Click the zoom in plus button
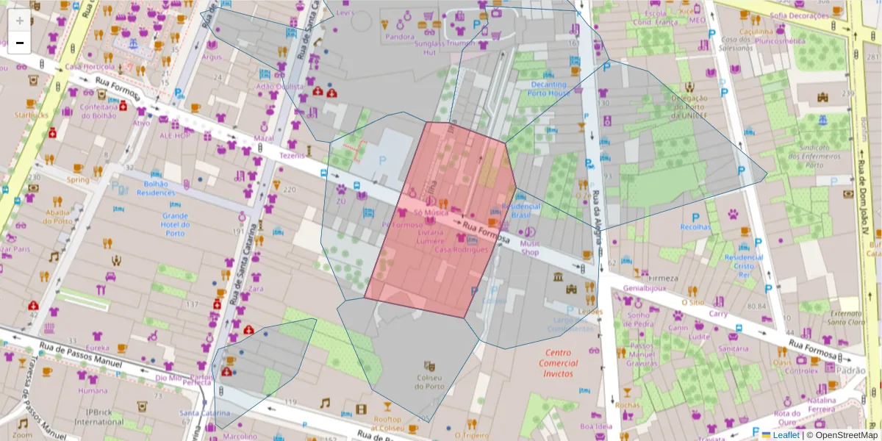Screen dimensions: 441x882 pyautogui.click(x=20, y=21)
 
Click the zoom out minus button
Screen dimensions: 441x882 pyautogui.click(x=20, y=43)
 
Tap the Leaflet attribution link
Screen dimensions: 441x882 pyautogui.click(x=785, y=435)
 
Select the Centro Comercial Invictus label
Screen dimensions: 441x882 pyautogui.click(x=558, y=363)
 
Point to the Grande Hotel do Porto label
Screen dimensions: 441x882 pyautogui.click(x=175, y=225)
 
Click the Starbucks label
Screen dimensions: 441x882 pyautogui.click(x=31, y=115)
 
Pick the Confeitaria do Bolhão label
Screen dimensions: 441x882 pyautogui.click(x=99, y=111)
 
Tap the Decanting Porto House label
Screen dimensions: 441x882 pyautogui.click(x=549, y=89)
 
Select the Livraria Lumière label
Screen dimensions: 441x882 pyautogui.click(x=430, y=237)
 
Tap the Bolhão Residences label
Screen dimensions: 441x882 pyautogui.click(x=156, y=188)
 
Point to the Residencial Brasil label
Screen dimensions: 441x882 pyautogui.click(x=520, y=211)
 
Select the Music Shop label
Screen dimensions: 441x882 pyautogui.click(x=529, y=248)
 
